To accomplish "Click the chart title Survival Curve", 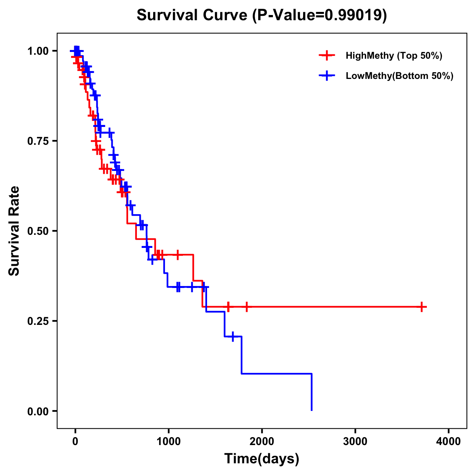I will tap(193, 15).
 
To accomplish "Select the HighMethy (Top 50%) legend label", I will tap(393, 56).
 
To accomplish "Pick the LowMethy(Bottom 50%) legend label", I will tap(399, 76).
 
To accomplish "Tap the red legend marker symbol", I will tap(327, 56).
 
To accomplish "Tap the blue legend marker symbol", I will tap(327, 76).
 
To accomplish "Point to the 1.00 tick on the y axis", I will tap(38, 51).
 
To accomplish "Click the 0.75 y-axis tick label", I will tap(38, 141).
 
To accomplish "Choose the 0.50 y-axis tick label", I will tap(38, 231).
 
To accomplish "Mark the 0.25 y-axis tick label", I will tap(38, 321).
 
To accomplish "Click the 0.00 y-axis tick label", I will tap(38, 411).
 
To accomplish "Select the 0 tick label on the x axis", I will tap(75, 441).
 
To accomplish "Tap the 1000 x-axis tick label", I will tap(168, 441).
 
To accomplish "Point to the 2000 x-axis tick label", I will tap(262, 441).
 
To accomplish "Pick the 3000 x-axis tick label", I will tap(355, 441).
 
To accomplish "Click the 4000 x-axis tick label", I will tap(449, 441).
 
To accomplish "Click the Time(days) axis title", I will tap(261, 459).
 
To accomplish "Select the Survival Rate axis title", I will tap(14, 231).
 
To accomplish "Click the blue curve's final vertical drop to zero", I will tap(312, 393).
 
